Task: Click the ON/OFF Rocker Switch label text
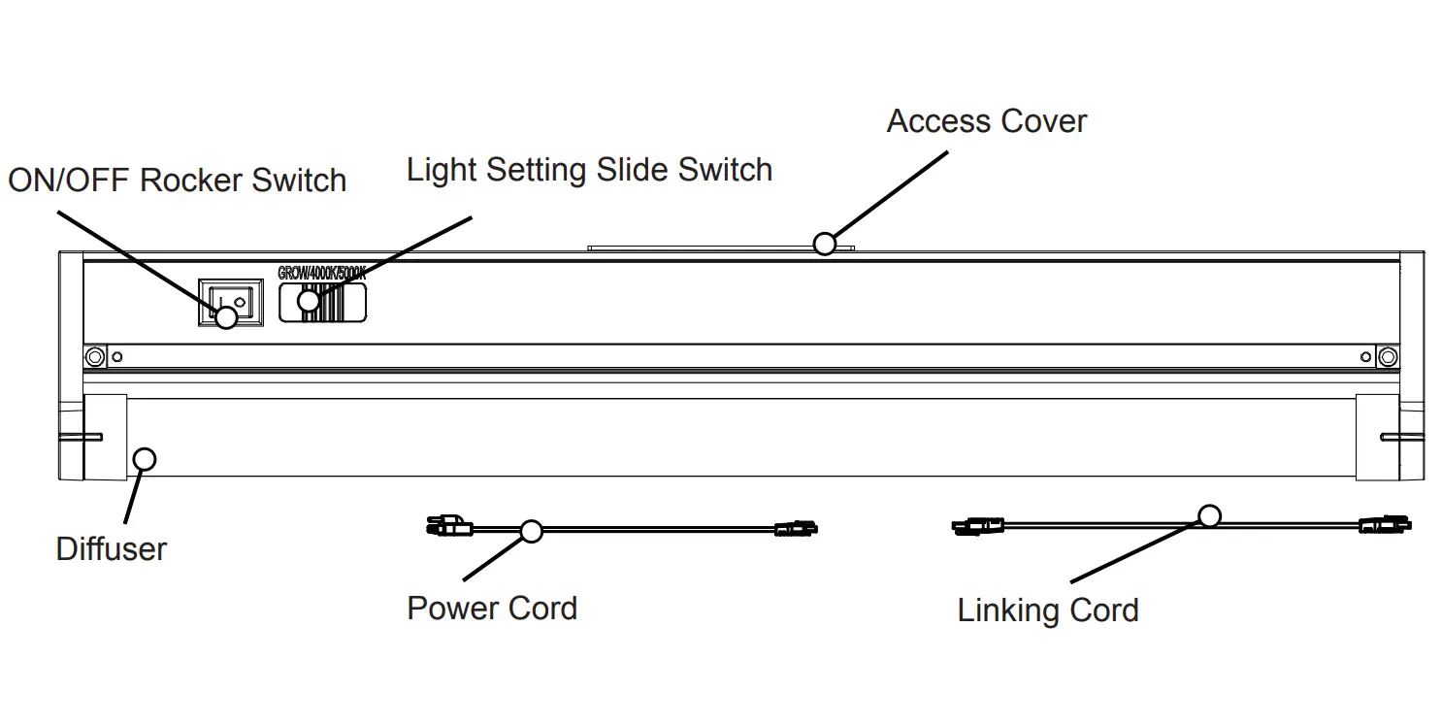pyautogui.click(x=177, y=181)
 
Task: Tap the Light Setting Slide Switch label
pyautogui.click(x=589, y=170)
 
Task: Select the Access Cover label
pyautogui.click(x=986, y=121)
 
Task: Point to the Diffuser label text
pyautogui.click(x=111, y=549)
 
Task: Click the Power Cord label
pyautogui.click(x=492, y=609)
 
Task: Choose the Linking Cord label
pyautogui.click(x=1047, y=610)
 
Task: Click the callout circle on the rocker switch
pyautogui.click(x=226, y=316)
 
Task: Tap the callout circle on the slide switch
pyautogui.click(x=309, y=300)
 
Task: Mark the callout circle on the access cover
pyautogui.click(x=824, y=244)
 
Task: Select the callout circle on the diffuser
pyautogui.click(x=144, y=458)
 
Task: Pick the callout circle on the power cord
pyautogui.click(x=531, y=531)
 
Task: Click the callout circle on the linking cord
pyautogui.click(x=1208, y=515)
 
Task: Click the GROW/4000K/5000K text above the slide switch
pyautogui.click(x=321, y=274)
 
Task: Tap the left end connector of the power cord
pyautogui.click(x=448, y=528)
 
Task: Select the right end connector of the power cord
pyautogui.click(x=796, y=529)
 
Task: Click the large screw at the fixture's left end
pyautogui.click(x=94, y=357)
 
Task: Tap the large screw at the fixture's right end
pyautogui.click(x=1387, y=357)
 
